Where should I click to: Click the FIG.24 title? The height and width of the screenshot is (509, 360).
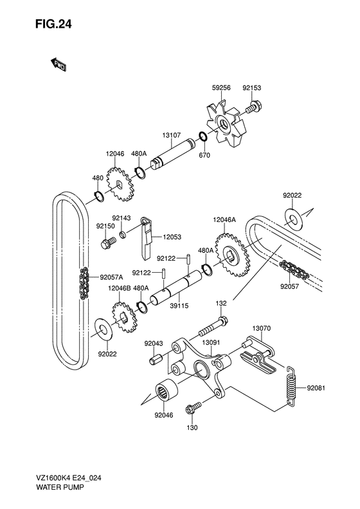(x=53, y=24)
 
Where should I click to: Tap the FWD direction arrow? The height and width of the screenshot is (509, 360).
(x=59, y=64)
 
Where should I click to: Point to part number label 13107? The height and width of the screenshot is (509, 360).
(x=172, y=135)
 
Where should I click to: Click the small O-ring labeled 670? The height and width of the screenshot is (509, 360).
(x=203, y=136)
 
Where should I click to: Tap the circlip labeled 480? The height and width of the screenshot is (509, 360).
(x=98, y=196)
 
